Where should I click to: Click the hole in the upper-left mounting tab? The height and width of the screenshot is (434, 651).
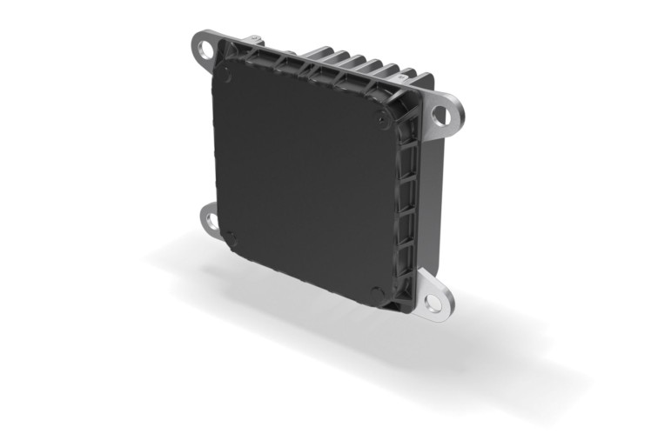[205, 51]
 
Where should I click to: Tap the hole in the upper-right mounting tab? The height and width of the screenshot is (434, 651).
[439, 113]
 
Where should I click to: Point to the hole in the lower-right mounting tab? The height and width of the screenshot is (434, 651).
[432, 304]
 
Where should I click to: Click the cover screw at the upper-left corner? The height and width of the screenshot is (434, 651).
[228, 77]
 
